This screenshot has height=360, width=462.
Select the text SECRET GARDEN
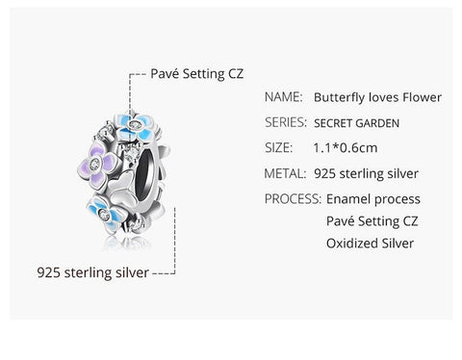click(354, 123)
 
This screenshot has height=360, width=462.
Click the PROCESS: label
click(292, 199)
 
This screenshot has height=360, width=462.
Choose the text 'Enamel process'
click(373, 199)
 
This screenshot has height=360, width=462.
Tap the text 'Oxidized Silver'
click(370, 244)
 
